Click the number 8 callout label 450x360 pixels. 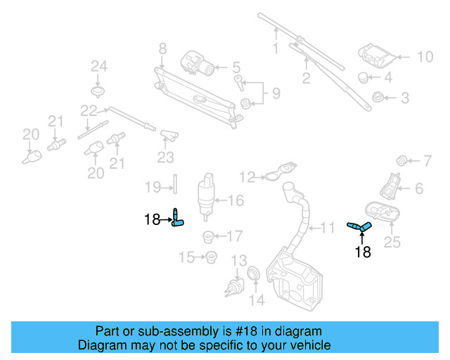tap(162, 49)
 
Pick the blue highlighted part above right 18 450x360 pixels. tap(359, 226)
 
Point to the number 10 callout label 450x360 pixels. tap(426, 57)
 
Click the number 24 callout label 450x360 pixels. tap(98, 67)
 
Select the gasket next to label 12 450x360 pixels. tap(279, 173)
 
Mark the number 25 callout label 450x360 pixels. tap(392, 244)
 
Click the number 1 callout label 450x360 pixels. tap(276, 49)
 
